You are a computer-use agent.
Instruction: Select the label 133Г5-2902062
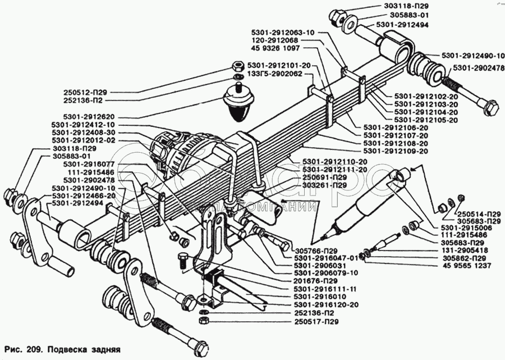[275, 74]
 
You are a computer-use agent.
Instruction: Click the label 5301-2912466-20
[84, 196]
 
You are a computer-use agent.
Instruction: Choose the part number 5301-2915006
[465, 227]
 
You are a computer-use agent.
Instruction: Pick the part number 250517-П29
[316, 322]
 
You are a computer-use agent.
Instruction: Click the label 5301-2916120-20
[326, 305]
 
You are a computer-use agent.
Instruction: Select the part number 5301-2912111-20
[335, 170]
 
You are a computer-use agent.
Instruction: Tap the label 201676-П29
[316, 281]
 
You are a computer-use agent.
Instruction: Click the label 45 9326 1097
[275, 48]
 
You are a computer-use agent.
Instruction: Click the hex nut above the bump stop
[237, 66]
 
